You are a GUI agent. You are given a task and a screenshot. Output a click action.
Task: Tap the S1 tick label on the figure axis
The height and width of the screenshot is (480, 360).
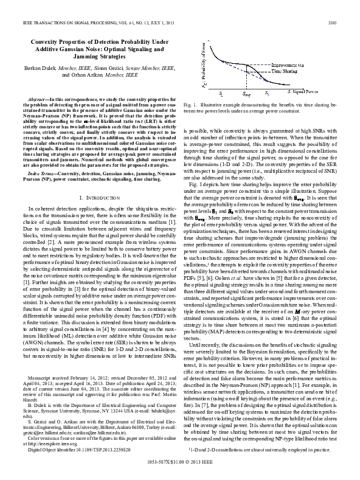(x=220, y=95)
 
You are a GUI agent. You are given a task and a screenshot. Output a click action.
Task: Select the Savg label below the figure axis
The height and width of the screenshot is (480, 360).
(x=246, y=96)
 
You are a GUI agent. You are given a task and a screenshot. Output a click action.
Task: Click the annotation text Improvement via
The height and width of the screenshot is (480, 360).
(x=288, y=63)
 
